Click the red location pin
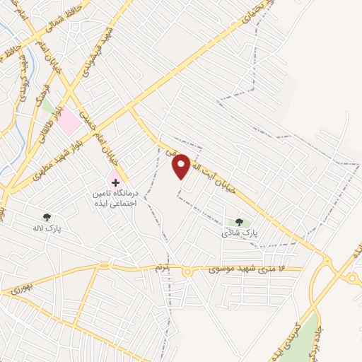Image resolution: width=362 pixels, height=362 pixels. point(181,165)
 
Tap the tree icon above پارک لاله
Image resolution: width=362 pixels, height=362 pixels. point(47,217)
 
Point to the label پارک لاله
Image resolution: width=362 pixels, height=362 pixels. point(47,229)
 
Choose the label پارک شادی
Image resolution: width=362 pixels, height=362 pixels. point(238,233)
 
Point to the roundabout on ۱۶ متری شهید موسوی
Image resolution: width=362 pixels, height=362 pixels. point(187,272)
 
